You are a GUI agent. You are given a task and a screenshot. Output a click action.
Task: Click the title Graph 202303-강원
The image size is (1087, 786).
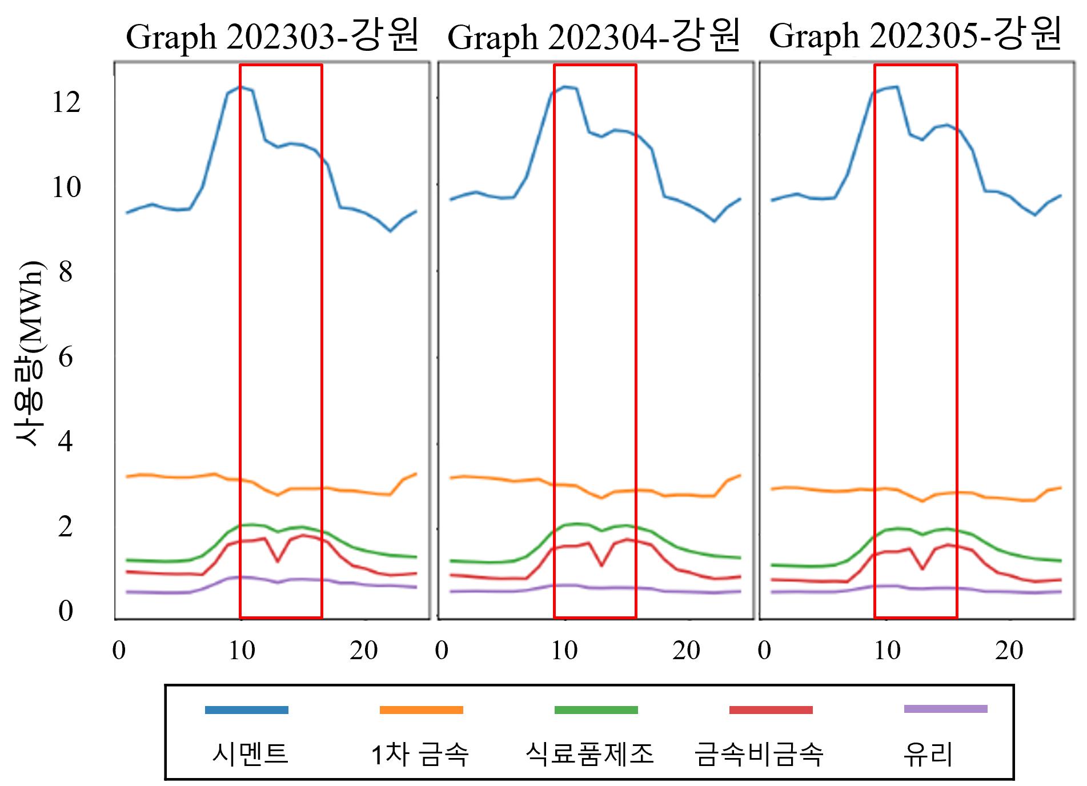(x=273, y=36)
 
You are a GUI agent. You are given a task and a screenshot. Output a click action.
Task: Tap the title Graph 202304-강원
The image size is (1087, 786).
(x=594, y=36)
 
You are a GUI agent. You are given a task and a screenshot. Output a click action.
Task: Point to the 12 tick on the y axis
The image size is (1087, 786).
(x=66, y=102)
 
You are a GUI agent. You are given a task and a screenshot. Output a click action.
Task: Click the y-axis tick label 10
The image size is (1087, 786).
(x=66, y=187)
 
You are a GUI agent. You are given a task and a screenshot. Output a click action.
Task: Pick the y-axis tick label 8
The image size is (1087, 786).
(x=66, y=272)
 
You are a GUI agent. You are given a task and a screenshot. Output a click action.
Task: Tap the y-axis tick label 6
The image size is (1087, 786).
(x=66, y=357)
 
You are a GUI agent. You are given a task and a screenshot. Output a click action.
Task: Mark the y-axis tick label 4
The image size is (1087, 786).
(x=66, y=442)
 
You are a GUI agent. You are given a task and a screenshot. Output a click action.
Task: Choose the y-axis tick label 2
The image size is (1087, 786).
(x=66, y=526)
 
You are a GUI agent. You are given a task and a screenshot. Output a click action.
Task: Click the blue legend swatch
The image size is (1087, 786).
(x=247, y=710)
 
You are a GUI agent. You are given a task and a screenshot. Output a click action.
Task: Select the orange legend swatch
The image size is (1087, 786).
(x=422, y=710)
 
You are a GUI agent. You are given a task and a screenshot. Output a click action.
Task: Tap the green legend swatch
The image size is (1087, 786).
(x=596, y=710)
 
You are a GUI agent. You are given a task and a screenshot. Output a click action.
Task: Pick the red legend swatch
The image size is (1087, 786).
(x=771, y=710)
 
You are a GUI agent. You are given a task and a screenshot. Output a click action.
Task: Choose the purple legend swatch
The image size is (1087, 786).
(x=946, y=709)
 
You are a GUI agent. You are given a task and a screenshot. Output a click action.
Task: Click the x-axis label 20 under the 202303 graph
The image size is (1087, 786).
(x=364, y=651)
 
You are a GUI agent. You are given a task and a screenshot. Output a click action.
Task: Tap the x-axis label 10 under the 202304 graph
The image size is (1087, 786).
(x=564, y=651)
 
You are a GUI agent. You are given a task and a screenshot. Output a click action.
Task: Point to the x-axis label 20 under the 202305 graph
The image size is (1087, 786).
(x=1009, y=651)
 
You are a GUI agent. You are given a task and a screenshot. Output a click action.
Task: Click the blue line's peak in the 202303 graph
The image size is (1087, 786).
(x=240, y=87)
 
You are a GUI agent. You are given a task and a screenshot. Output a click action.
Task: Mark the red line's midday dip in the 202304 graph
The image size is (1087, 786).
(x=601, y=566)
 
